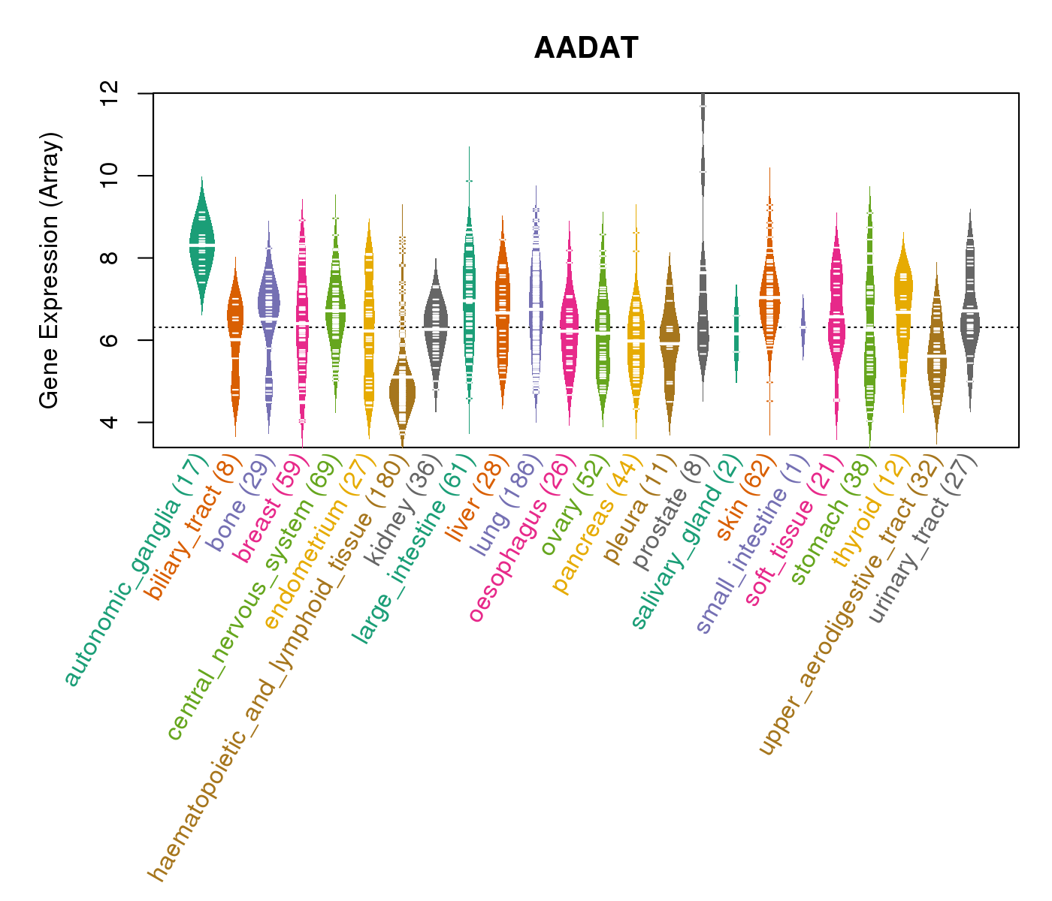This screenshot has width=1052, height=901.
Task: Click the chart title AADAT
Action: pos(586,49)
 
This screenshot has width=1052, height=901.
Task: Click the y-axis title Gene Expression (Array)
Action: pos(50,271)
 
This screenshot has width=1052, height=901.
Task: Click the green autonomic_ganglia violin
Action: pos(201,240)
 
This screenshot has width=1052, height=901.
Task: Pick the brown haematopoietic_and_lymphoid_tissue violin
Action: pos(402,390)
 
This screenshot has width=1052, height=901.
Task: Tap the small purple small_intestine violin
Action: pos(803,327)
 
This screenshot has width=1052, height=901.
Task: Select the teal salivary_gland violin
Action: pos(736,330)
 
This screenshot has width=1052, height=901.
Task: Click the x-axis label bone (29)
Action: pos(240,499)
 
